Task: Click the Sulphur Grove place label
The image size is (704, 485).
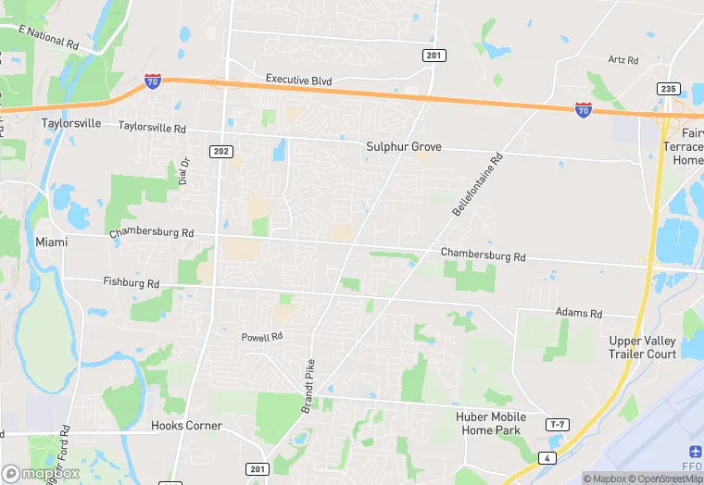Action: point(403,147)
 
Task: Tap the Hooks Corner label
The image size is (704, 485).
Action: point(186,426)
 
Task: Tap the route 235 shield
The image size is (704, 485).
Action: point(671,89)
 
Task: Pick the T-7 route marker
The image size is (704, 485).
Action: point(557,425)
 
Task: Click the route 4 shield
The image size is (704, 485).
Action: point(548,457)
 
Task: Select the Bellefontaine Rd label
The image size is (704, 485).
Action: point(478,185)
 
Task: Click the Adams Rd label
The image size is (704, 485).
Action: point(579,314)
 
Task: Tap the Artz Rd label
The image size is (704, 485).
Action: point(623,60)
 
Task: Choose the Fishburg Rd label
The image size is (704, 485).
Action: point(132,283)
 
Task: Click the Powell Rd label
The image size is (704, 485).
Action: point(261,337)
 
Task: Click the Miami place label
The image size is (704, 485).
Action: point(53,242)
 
